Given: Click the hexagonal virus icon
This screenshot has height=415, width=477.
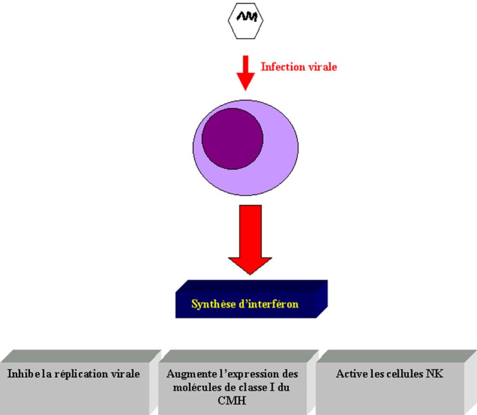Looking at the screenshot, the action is pyautogui.click(x=246, y=20).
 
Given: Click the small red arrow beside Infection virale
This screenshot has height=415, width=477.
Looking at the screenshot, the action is pyautogui.click(x=246, y=73).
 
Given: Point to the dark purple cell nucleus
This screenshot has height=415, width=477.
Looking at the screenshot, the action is pyautogui.click(x=232, y=139).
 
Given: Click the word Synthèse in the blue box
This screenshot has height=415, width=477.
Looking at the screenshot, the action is pyautogui.click(x=214, y=304).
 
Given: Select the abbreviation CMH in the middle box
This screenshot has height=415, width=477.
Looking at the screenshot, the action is pyautogui.click(x=232, y=400).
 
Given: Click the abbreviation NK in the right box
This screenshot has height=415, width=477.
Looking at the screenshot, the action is pyautogui.click(x=435, y=374).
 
